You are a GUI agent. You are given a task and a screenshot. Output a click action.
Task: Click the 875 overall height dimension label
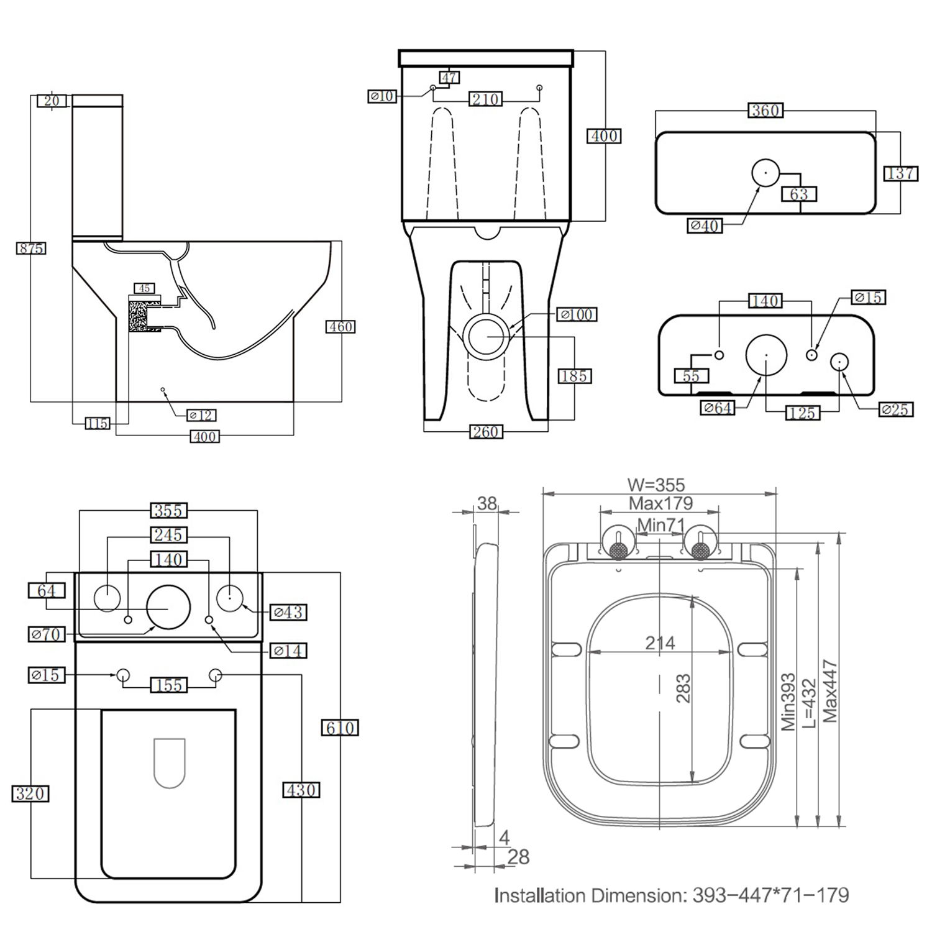[x=30, y=249]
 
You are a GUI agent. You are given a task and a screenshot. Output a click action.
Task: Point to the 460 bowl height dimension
[x=340, y=327]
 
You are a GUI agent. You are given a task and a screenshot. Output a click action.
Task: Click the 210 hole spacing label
[x=485, y=99]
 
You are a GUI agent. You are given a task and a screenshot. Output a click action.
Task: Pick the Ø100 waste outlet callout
[x=576, y=315]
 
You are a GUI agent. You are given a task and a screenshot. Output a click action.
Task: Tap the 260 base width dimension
[x=485, y=432]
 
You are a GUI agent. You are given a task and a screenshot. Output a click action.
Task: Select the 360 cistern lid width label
[x=765, y=111]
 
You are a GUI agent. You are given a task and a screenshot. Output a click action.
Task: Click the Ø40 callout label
[x=705, y=226]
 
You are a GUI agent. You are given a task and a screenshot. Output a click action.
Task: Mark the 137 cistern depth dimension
[x=900, y=173]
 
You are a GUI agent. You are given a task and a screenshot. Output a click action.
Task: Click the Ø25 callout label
[x=895, y=409]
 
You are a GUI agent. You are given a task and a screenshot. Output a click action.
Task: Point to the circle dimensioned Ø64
[x=766, y=355]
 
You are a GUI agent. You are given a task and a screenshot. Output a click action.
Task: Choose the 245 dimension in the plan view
[x=168, y=535]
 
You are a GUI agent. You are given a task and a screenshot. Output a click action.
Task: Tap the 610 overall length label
[x=340, y=728]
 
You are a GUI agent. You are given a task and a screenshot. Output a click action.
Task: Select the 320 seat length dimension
[x=30, y=793]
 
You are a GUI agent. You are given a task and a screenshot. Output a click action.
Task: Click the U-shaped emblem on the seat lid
[x=169, y=762]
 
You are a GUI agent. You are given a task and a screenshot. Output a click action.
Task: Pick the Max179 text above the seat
[x=660, y=503]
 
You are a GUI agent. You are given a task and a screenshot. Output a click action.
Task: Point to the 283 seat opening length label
[x=683, y=688]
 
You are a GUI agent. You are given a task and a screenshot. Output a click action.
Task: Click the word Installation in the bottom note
[x=541, y=895]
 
